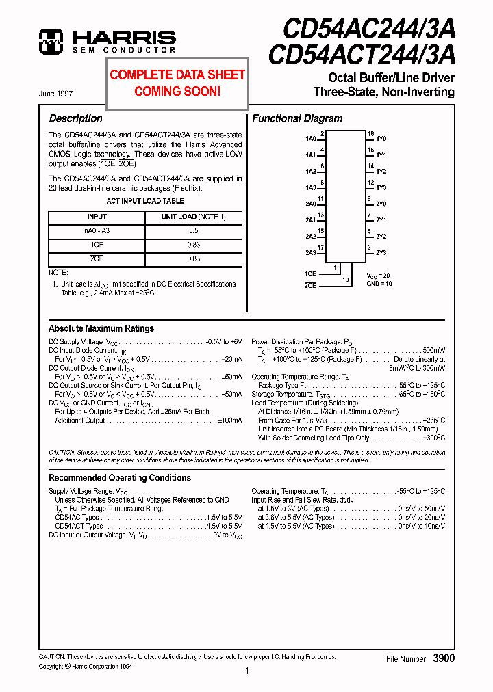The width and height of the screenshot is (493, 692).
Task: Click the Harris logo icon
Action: point(51,41)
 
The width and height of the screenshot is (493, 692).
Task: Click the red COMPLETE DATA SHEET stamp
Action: point(177,83)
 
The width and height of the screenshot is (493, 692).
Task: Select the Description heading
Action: point(75,118)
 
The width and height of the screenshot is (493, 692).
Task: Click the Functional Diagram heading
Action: point(297,118)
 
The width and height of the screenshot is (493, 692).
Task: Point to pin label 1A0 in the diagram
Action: point(311,139)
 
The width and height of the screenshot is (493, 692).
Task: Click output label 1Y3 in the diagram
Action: point(381,187)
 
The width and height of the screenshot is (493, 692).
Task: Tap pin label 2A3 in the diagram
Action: point(311,253)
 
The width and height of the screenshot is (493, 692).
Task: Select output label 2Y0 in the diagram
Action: point(381,204)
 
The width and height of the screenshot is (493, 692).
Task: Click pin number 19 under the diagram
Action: point(346,280)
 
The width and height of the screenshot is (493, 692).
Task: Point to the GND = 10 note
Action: point(379,283)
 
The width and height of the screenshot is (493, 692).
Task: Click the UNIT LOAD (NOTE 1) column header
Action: point(193,217)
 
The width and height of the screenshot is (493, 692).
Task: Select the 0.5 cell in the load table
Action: point(193,231)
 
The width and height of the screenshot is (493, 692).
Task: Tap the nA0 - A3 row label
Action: point(97,231)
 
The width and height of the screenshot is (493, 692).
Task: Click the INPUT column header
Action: point(97,217)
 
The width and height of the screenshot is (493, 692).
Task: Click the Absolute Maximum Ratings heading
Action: point(101,328)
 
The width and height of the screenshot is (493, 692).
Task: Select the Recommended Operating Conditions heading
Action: point(120,477)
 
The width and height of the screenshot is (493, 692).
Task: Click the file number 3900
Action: point(444,658)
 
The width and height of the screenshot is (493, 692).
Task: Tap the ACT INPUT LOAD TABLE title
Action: point(145,201)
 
